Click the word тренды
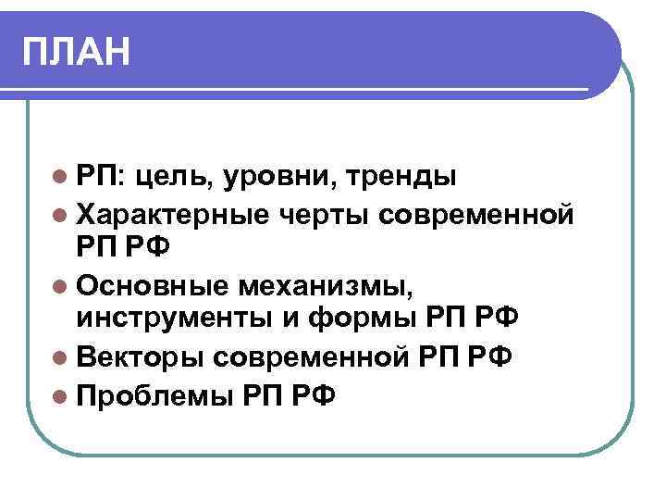pyautogui.click(x=399, y=176)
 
